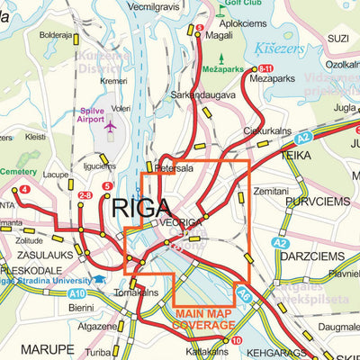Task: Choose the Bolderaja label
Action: (x=56, y=35)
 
